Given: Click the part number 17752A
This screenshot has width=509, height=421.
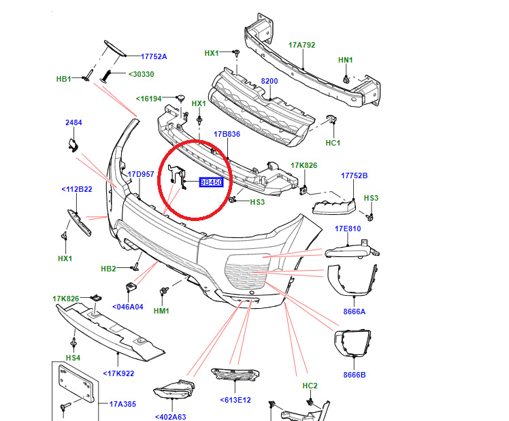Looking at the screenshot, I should point(154,57).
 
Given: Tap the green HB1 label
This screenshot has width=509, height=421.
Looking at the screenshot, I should point(63,80).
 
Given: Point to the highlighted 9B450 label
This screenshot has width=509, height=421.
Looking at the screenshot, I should point(211,182).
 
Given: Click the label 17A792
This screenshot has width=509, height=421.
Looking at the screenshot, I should point(301,46).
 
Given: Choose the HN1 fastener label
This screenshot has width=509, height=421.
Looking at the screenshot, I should point(346,61).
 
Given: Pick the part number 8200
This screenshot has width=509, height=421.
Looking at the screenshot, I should point(269,81).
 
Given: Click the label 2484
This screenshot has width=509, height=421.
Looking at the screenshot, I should point(73,122).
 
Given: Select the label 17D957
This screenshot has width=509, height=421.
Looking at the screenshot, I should point(142,175).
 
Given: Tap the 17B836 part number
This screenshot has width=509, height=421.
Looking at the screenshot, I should point(227,134).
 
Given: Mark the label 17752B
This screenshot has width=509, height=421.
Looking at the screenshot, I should point(354,175).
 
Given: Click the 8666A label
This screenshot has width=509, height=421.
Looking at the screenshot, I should point(354,311).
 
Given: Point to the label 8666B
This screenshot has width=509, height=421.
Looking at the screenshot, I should point(354,375).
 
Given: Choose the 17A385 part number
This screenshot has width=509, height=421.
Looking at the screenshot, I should point(123,404).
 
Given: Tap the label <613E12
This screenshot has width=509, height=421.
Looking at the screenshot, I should point(235,400).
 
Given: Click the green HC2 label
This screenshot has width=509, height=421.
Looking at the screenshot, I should point(310,386).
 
